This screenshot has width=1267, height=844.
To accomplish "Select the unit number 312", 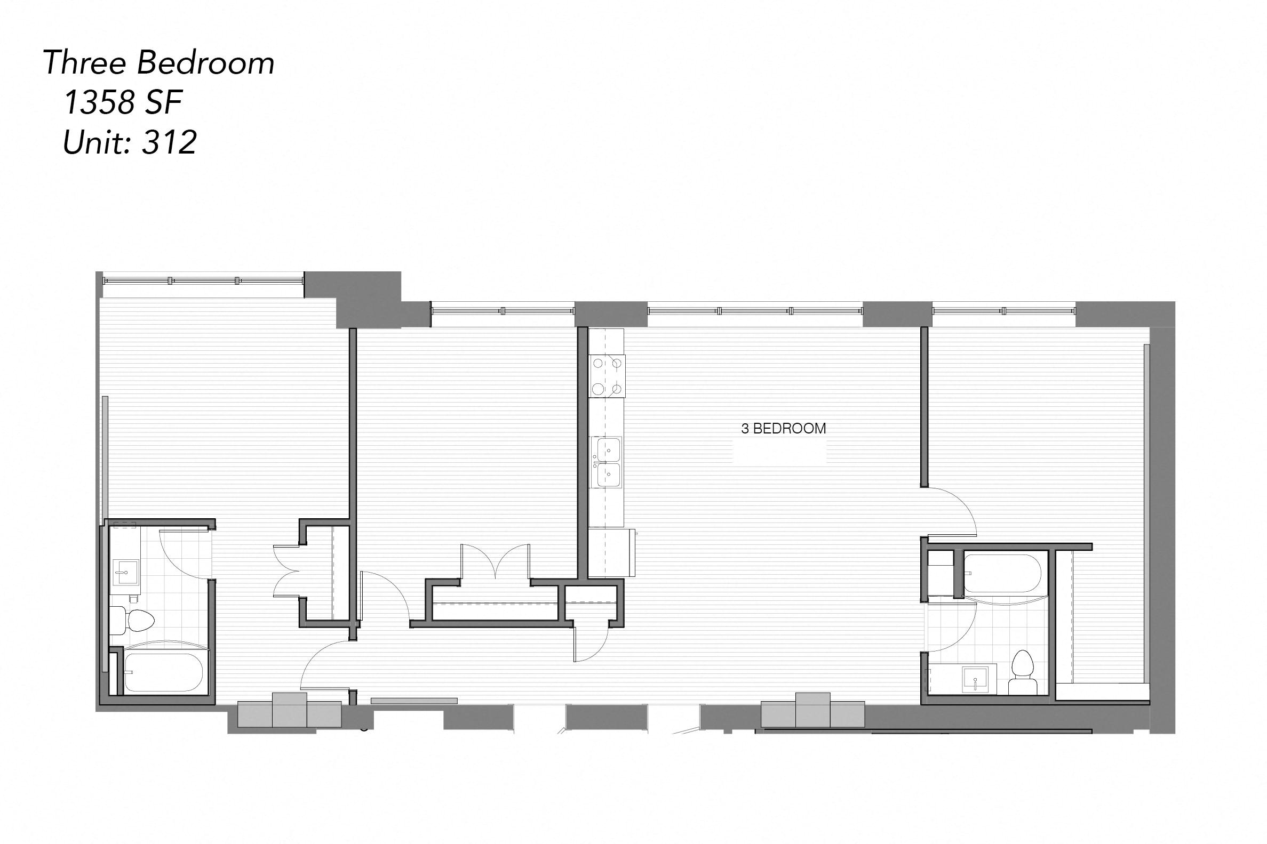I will click(170, 143).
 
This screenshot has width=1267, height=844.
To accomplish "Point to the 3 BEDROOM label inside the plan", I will click(783, 429).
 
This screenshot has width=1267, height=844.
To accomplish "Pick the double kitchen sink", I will click(607, 461).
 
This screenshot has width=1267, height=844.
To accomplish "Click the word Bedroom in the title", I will click(206, 63).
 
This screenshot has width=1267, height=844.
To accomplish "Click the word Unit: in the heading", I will click(99, 143).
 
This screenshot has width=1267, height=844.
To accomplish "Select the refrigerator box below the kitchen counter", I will click(611, 552).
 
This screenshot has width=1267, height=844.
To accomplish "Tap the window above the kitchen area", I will click(754, 311).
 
